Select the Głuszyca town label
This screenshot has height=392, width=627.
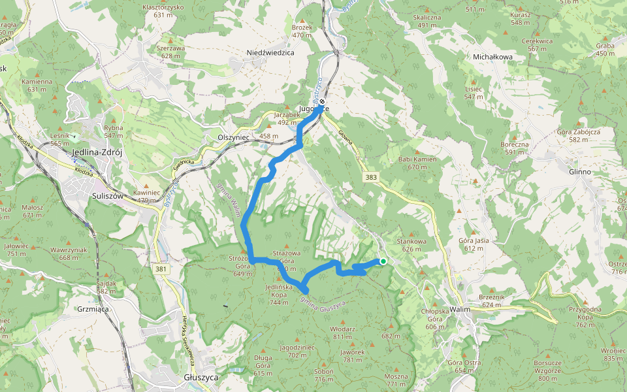coord(201,378)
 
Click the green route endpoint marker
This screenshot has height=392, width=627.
coord(383,261)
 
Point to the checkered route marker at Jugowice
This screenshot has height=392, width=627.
coord(323,102)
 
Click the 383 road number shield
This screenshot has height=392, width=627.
coord(372,177)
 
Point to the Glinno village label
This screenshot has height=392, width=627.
coord(579,172)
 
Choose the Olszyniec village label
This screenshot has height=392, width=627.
coord(230,138)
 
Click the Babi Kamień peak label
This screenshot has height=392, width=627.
coord(417,159)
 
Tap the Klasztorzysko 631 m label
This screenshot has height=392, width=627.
coord(163,7)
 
